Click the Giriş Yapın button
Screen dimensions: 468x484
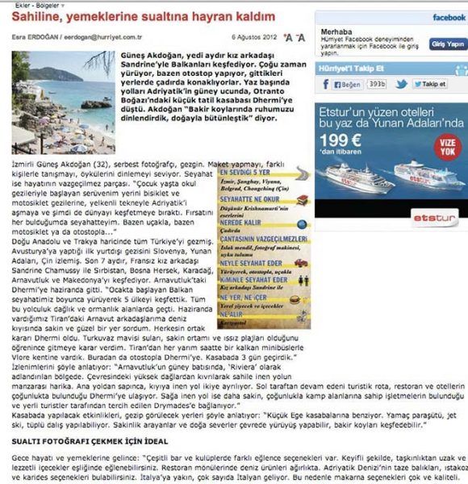point(449,44)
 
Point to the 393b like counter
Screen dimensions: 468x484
point(377,84)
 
